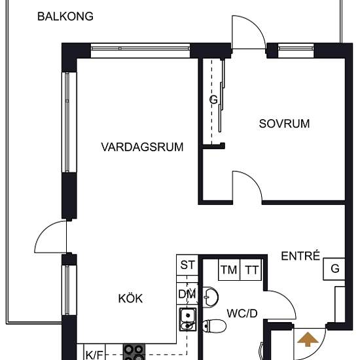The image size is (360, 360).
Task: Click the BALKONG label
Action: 65,16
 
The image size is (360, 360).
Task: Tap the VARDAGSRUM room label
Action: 142,147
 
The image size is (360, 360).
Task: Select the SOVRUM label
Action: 283,124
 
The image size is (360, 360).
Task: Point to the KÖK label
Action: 130,299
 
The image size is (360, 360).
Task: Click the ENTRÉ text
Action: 300,256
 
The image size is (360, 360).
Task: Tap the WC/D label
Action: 243,314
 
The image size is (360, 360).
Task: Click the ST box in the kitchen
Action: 188,266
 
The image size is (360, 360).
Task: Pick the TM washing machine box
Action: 229,270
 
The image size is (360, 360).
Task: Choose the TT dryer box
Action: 252,270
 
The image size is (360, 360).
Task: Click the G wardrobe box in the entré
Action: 334,269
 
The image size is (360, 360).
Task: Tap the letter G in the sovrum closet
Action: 213,100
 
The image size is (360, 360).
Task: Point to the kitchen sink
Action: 188,318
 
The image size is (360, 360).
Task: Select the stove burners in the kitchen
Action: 134,352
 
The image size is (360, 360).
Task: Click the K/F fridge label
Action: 94,355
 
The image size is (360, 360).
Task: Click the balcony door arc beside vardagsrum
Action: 50,237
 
